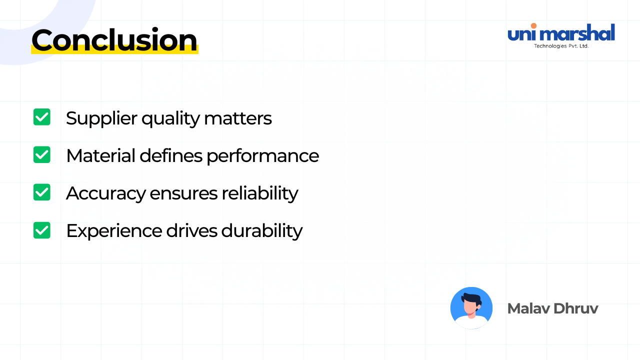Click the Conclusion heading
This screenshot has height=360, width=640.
click(x=114, y=39)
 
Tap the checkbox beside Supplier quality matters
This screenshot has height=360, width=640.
click(x=41, y=117)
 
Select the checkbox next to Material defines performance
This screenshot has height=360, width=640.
click(x=41, y=154)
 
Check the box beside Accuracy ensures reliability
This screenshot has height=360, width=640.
click(x=41, y=192)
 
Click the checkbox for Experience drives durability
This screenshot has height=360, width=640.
click(x=41, y=230)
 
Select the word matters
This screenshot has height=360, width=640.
click(x=237, y=118)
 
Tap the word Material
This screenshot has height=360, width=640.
click(x=100, y=155)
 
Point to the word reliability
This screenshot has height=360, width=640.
click(x=259, y=193)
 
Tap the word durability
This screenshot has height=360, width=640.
click(x=261, y=231)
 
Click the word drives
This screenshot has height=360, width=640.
click(x=191, y=230)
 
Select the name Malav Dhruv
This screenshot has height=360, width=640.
click(x=552, y=308)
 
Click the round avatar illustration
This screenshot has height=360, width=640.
click(x=471, y=308)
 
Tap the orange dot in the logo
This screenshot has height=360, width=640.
click(x=533, y=26)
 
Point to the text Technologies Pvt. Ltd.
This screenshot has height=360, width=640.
click(x=561, y=46)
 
